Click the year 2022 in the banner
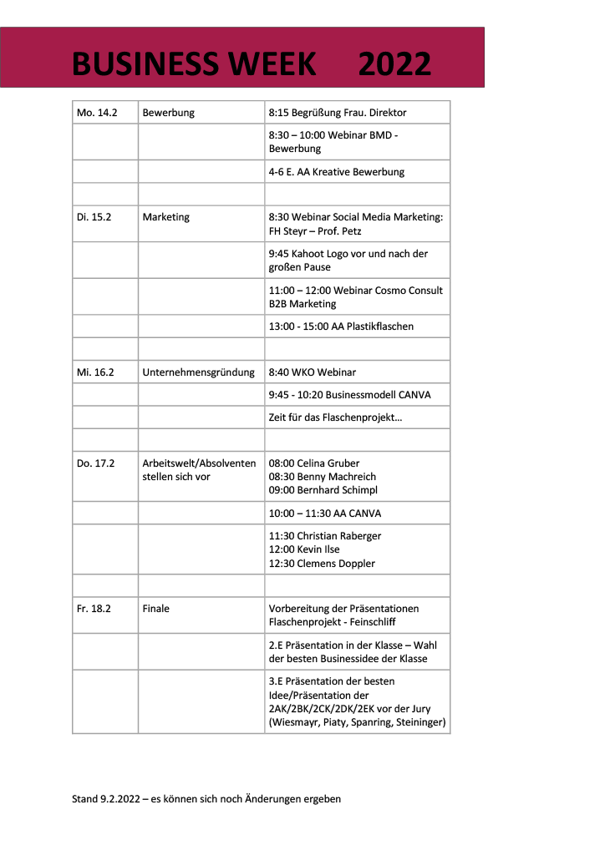pos(394,64)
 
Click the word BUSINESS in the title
pos(140,64)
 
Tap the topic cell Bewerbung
pos(168,113)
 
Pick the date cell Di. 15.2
pos(94,217)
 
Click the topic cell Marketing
pos(165,217)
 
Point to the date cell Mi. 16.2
pos(95,372)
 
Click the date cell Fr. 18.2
pos(94,609)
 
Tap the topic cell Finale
pos(155,609)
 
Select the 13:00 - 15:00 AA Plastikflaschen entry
pos(341,326)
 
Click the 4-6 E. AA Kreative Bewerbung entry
pos(336,172)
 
